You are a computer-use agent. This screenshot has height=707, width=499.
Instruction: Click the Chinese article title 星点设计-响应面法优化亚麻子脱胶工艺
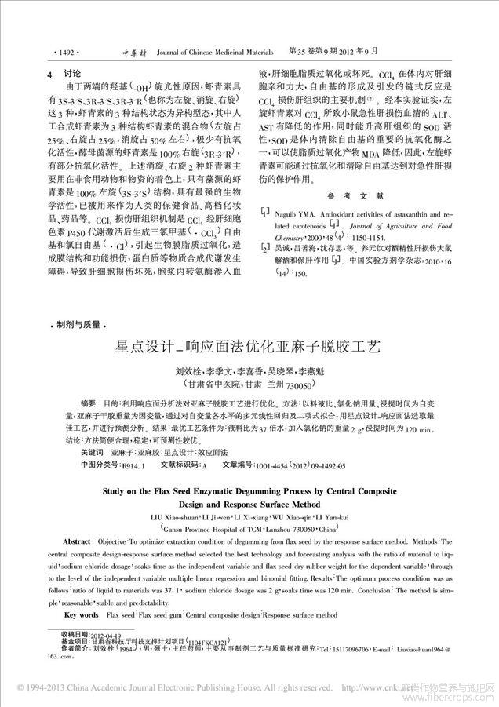(x=248, y=345)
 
